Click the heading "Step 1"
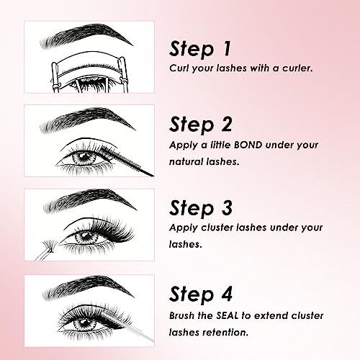(x=200, y=49)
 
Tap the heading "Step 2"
(x=200, y=125)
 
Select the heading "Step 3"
(x=201, y=208)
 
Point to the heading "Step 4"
(x=201, y=294)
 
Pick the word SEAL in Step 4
(x=227, y=315)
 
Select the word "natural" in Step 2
(x=186, y=162)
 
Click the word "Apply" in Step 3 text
(x=183, y=228)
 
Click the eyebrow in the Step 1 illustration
(x=86, y=35)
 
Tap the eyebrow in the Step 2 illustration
(x=88, y=120)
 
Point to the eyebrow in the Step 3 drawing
(x=90, y=200)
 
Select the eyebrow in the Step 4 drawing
(x=88, y=287)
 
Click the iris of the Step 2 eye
(x=84, y=157)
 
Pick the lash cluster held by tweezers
(x=50, y=246)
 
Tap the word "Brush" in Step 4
(x=181, y=315)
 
